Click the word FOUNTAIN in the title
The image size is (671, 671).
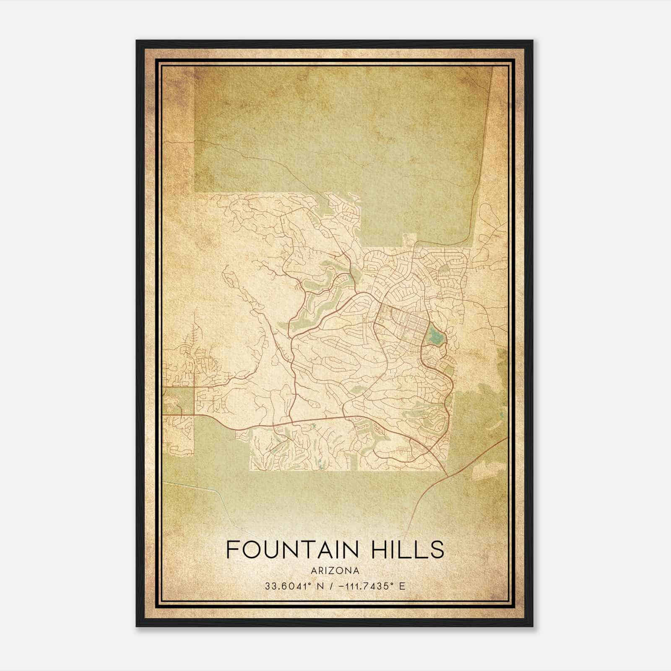click(291, 549)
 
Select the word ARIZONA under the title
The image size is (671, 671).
click(335, 570)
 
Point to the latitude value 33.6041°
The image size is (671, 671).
click(287, 586)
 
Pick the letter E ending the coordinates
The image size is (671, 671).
click(402, 586)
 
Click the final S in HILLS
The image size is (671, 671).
click(437, 549)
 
